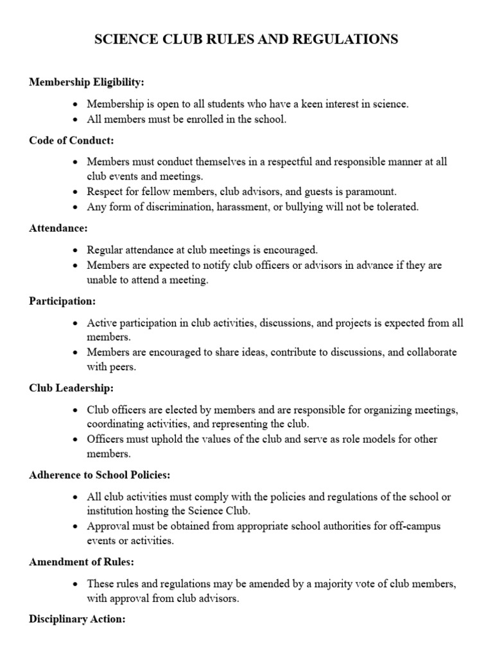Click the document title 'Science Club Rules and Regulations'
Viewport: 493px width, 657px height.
point(246,40)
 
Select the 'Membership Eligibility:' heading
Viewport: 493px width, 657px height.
point(87,83)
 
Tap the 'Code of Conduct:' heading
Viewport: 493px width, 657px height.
point(71,141)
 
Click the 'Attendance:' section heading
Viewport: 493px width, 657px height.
point(58,228)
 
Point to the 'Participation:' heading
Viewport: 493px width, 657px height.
point(62,300)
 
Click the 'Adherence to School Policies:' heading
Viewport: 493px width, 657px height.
point(99,475)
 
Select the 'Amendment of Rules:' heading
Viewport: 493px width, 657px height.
point(82,562)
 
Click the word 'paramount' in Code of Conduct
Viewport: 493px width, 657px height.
point(374,191)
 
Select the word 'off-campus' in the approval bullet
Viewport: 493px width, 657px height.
point(435,526)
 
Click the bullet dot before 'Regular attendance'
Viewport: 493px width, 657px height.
point(76,250)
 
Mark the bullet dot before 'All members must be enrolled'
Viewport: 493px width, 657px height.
point(76,119)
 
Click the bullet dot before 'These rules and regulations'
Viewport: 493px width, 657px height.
point(76,584)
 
